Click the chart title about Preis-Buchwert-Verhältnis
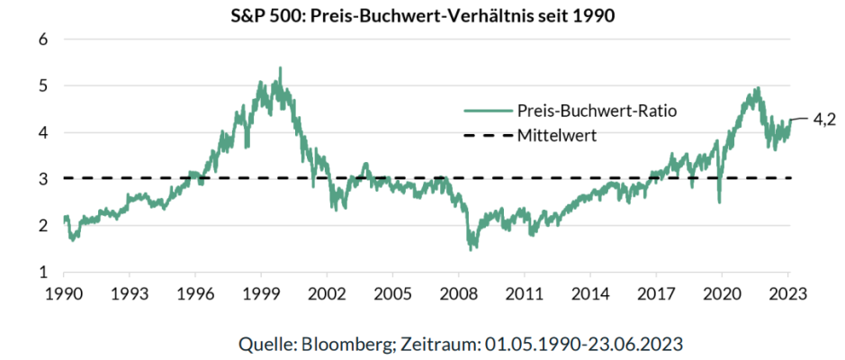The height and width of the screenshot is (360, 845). [x=422, y=17]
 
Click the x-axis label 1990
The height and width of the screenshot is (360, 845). [x=63, y=293]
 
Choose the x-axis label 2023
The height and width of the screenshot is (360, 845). [x=788, y=293]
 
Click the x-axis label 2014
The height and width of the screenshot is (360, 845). [x=590, y=293]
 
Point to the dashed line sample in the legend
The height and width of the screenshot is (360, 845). [x=487, y=136]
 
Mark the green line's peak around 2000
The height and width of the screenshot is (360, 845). [x=280, y=68]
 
